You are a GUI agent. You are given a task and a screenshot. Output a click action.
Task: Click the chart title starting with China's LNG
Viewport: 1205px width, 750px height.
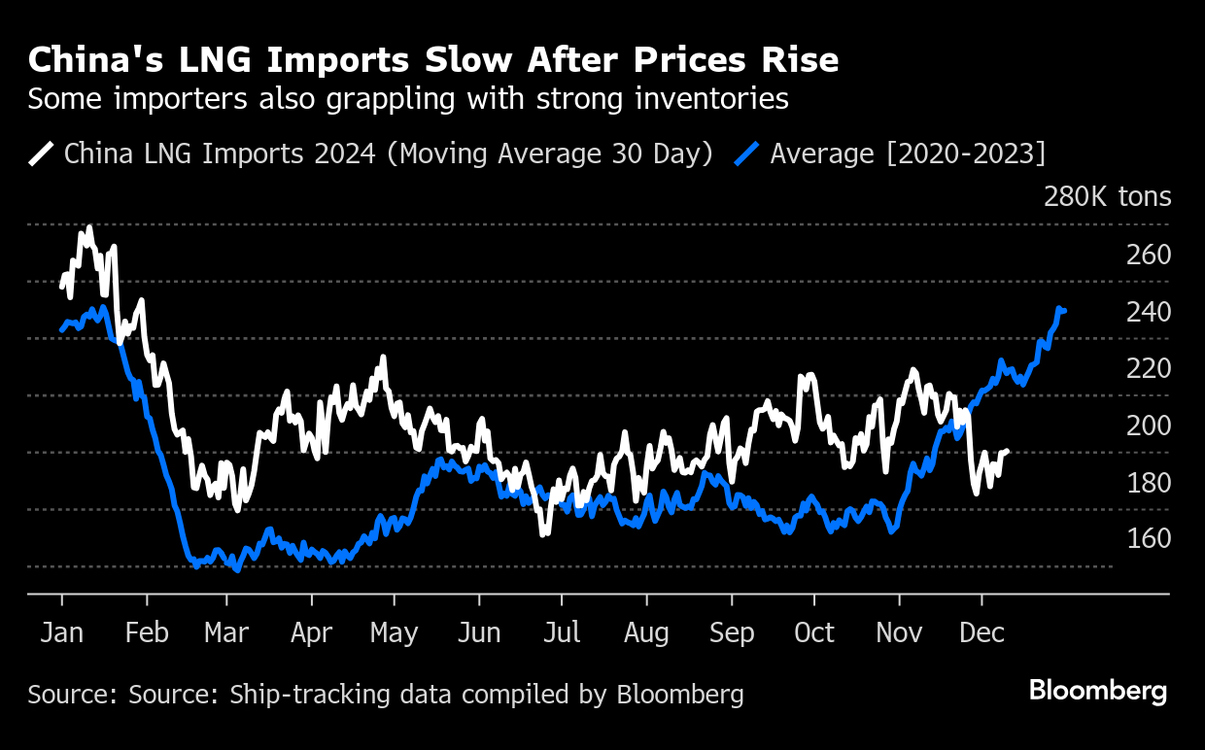pos(433,60)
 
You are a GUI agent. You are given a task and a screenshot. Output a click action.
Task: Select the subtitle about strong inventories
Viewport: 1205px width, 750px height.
pos(407,99)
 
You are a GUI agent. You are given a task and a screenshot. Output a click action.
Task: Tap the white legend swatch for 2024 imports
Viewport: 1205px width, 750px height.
pos(42,153)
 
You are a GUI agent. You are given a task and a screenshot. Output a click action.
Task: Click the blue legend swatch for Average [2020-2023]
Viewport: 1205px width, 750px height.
pos(747,153)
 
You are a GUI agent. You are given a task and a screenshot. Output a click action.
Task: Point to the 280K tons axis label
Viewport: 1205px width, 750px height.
pos(1107,197)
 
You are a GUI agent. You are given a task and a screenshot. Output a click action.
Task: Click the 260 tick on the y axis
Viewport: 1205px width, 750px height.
pos(1148,255)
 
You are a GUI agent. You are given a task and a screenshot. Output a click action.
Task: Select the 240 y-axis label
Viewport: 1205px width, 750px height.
pos(1148,312)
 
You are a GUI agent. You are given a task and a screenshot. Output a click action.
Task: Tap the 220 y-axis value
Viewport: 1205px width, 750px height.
pos(1148,368)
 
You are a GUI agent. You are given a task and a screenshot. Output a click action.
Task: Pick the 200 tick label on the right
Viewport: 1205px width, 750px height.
pos(1148,426)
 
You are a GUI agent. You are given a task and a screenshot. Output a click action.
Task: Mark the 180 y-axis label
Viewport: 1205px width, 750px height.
pos(1148,482)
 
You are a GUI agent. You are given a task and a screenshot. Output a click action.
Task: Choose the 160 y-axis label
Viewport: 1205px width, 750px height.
pos(1148,538)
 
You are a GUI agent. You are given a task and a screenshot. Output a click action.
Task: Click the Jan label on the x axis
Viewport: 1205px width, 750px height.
pos(62,633)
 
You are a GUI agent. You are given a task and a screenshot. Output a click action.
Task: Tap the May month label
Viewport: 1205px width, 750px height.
pos(394,633)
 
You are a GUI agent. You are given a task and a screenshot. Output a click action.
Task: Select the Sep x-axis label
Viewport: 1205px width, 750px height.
pos(731,633)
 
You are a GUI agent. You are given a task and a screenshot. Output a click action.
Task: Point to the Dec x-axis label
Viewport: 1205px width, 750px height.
pos(981,633)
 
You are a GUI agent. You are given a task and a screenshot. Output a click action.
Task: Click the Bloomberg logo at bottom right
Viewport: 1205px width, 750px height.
pos(1098,692)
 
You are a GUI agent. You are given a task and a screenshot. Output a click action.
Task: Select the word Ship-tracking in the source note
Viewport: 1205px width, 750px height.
pos(293,695)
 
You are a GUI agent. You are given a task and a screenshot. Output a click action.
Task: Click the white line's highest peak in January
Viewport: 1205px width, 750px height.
pos(89,228)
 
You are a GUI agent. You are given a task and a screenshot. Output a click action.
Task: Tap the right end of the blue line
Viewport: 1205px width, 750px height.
pos(1065,311)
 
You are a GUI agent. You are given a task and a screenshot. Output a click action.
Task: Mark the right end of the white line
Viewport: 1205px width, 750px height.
pos(1007,451)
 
